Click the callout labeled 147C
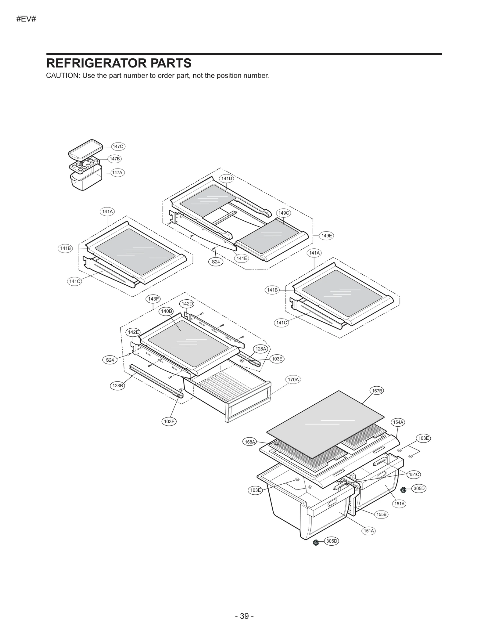coord(118,146)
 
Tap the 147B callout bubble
coord(115,159)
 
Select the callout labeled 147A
coord(117,173)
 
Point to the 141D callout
coord(227,179)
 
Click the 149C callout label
coord(284,213)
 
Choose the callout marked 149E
coord(327,236)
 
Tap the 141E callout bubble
coord(242,258)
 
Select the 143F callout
coord(153,299)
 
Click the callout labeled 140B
coord(166,311)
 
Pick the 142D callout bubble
coord(187,304)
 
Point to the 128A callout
coord(261,349)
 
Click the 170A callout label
coord(293,380)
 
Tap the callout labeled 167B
coord(377,391)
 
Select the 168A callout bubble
coord(250,442)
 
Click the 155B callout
coord(381,514)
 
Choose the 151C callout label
coord(414,475)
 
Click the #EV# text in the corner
coord(26,19)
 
